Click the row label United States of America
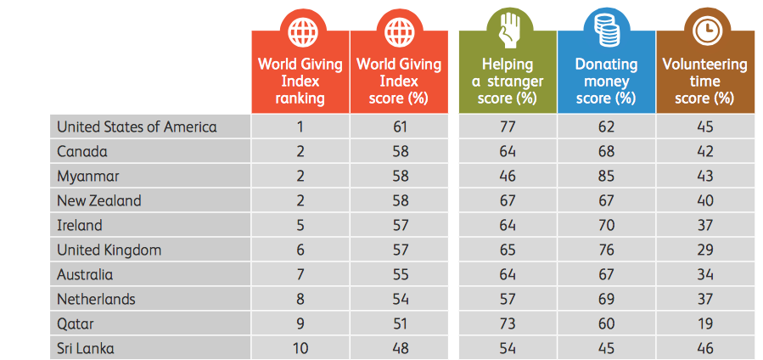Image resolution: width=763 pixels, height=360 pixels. tap(137, 127)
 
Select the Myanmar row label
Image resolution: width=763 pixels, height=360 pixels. tap(88, 176)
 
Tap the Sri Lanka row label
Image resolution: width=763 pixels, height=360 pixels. tap(85, 348)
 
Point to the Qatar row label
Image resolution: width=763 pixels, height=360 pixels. tap(76, 323)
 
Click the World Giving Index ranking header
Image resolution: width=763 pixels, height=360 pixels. tap(300, 82)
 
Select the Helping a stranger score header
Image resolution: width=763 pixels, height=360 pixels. tap(508, 82)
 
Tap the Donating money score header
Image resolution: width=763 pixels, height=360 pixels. tap(606, 82)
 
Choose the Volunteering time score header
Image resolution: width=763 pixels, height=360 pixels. tap(704, 82)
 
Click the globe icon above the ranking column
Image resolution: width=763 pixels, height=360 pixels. tap(300, 31)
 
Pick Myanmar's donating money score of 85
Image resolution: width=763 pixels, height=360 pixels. tap(606, 176)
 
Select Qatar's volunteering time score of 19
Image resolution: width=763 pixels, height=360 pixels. tap(704, 323)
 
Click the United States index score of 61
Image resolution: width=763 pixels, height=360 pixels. tap(399, 127)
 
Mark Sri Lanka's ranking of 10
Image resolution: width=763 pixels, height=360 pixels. tap(300, 348)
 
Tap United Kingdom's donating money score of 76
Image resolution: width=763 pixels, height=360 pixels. tap(606, 250)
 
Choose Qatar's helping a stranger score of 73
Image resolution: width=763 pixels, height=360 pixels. tap(508, 323)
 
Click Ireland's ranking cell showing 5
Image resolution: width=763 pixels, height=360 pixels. tap(300, 225)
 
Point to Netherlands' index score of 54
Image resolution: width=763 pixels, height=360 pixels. tap(399, 299)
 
